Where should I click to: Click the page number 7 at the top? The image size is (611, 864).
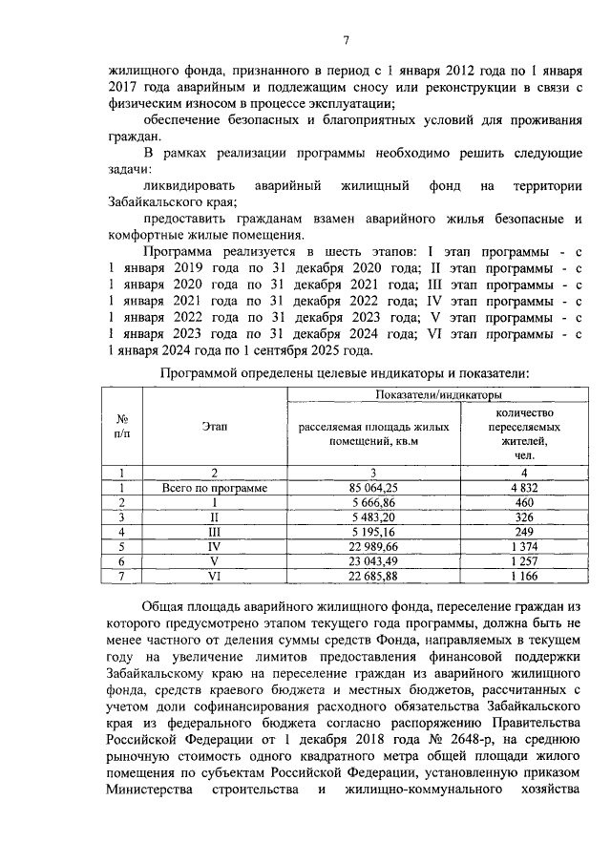coord(347,39)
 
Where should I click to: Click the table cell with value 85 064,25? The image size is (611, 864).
coord(373,488)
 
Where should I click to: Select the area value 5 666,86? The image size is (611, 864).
coord(373,502)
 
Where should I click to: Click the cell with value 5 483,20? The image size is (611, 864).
coord(373,516)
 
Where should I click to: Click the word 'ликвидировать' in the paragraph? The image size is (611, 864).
coord(181,184)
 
